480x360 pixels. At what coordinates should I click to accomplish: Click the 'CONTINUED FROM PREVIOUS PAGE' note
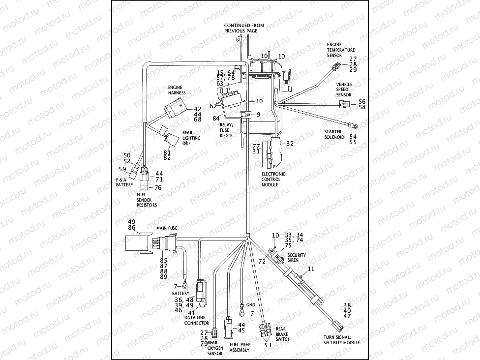click(244, 28)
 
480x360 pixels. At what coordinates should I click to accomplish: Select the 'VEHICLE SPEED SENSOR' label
click(344, 90)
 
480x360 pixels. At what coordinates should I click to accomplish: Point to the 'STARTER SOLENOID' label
click(336, 134)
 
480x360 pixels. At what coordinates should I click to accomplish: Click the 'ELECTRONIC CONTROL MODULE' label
click(273, 180)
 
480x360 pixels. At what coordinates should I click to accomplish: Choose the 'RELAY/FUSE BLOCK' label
click(226, 130)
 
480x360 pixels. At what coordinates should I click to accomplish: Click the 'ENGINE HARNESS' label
click(177, 90)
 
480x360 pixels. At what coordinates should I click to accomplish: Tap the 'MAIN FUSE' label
click(167, 228)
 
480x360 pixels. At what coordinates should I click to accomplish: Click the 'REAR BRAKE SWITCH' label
click(283, 334)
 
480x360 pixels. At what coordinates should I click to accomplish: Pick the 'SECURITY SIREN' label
click(297, 257)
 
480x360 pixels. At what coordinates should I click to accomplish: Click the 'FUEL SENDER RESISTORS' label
click(147, 200)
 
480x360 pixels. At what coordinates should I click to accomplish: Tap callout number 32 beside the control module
click(290, 144)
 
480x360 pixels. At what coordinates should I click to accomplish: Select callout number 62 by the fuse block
click(213, 106)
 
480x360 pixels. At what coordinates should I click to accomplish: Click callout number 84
click(216, 119)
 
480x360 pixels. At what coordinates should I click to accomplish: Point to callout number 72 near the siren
click(262, 262)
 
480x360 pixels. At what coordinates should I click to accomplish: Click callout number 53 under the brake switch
click(268, 345)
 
